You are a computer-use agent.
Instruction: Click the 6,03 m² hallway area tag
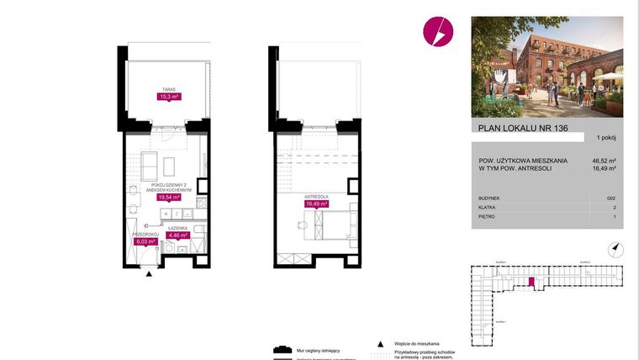pos(145,241)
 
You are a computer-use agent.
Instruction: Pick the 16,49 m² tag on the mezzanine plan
pos(316,203)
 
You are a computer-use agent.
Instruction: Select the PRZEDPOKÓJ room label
pos(145,234)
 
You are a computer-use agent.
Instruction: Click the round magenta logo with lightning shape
pos(439,33)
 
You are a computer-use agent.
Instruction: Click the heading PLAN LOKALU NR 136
pos(519,128)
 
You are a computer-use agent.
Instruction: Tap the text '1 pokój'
pos(606,137)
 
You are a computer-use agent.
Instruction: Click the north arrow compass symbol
pos(615,248)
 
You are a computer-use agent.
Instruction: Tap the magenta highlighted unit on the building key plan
pos(530,283)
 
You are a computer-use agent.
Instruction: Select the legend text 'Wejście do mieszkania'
pos(417,344)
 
